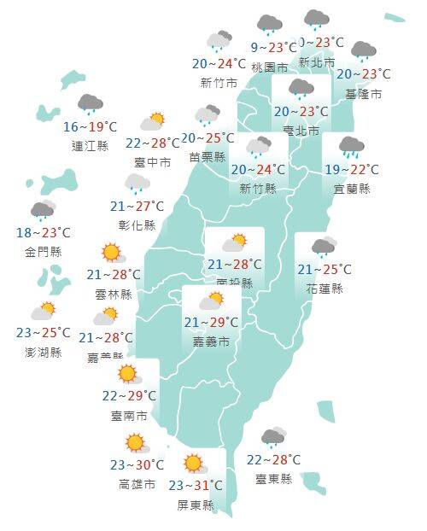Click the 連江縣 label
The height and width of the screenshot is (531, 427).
click(91, 146)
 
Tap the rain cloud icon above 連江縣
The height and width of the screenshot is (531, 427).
click(91, 105)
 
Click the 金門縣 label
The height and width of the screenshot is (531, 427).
click(43, 252)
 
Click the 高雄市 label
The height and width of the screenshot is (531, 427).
click(137, 485)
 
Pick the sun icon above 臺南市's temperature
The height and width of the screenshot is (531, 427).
click(128, 374)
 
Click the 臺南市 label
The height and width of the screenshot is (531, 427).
click(130, 416)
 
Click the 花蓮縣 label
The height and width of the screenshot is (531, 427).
click(324, 289)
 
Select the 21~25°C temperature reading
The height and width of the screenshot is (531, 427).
click(324, 270)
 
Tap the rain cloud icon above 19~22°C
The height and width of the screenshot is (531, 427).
click(351, 147)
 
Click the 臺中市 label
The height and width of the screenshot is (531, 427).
click(153, 161)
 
